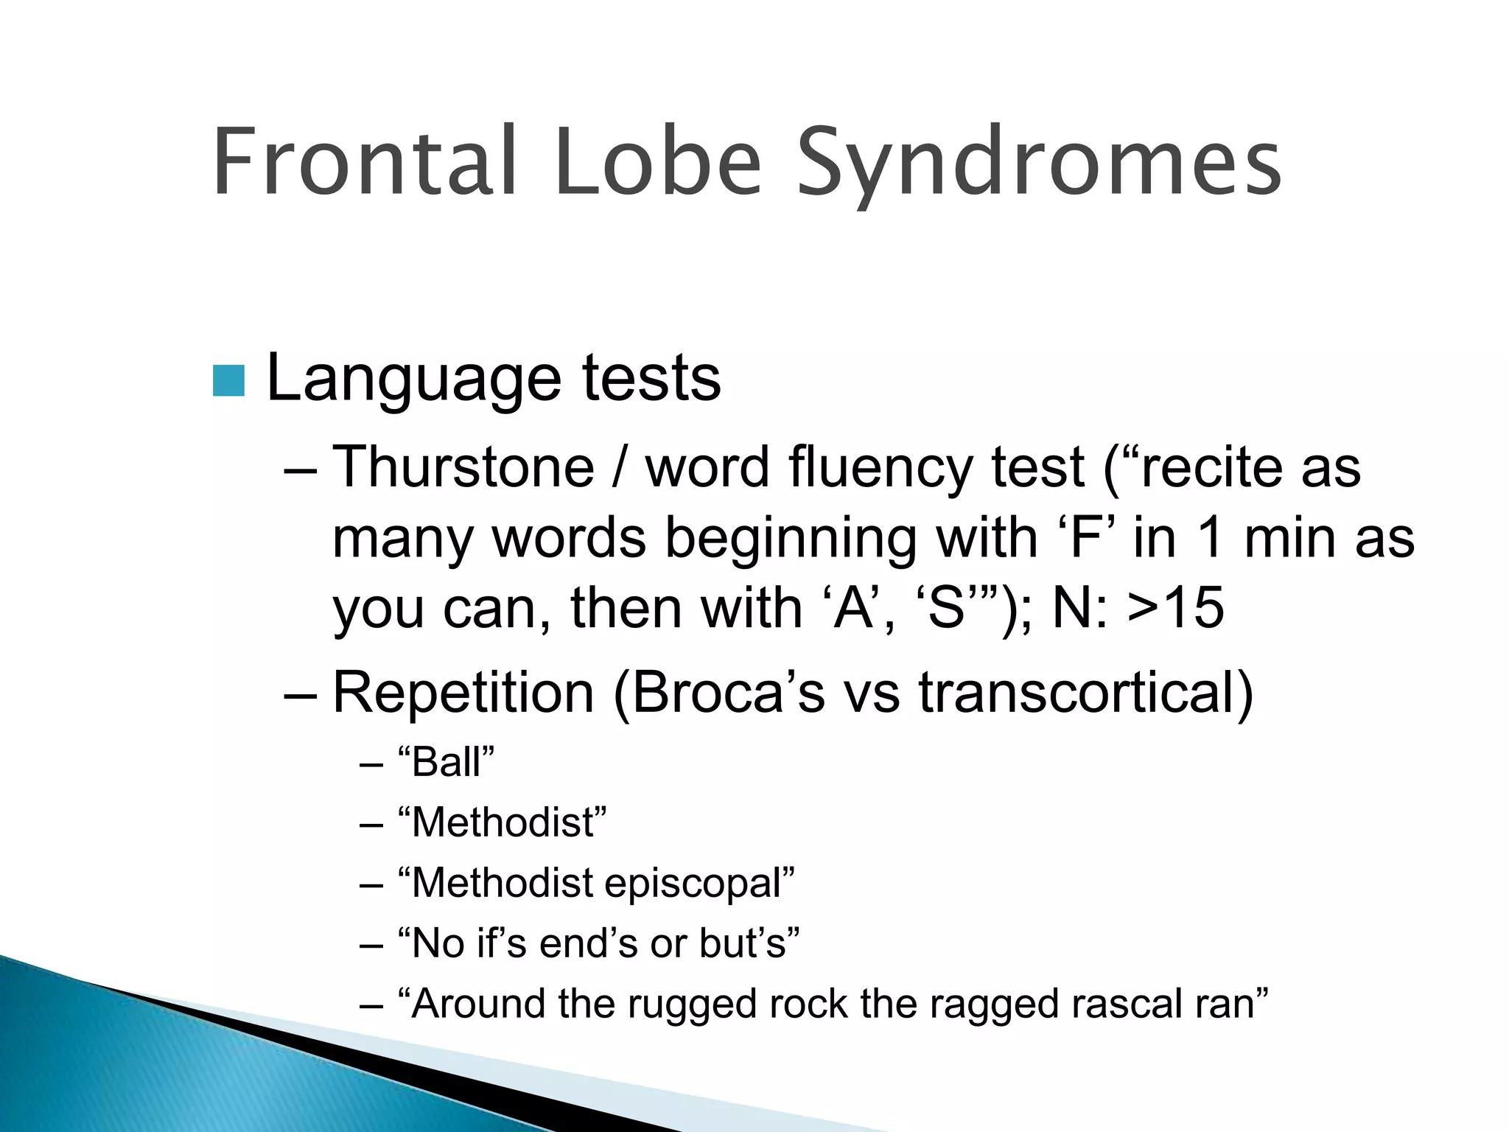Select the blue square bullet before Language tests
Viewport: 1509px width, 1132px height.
coord(228,380)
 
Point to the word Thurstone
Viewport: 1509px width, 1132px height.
coord(463,467)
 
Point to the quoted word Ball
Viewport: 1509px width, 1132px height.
coord(446,762)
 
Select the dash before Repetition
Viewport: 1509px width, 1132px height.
coord(301,695)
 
